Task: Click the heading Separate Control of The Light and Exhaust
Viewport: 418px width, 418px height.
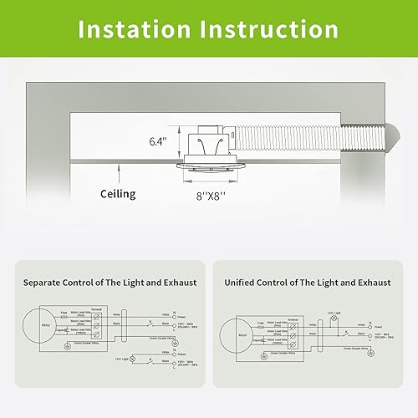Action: [x=111, y=283]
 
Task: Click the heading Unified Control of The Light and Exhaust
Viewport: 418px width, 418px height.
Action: [x=307, y=283]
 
